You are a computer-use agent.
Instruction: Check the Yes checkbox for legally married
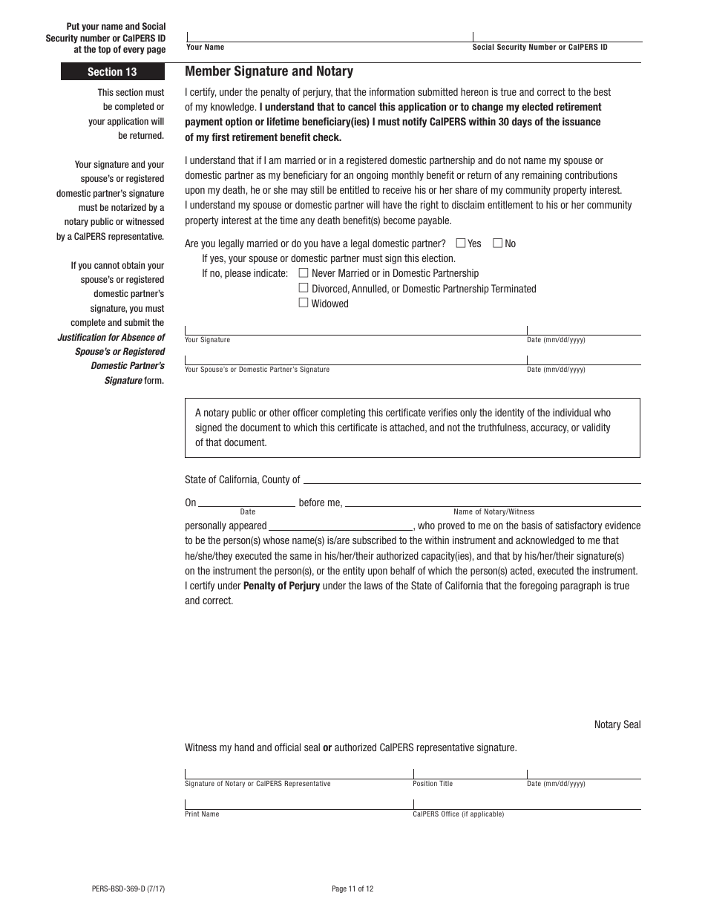click(x=461, y=243)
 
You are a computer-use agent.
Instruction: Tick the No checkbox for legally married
click(x=498, y=243)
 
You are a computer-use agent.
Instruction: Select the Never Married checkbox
click(x=303, y=273)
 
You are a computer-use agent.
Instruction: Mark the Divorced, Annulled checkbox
click(x=303, y=288)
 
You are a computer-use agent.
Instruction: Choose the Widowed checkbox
click(x=303, y=303)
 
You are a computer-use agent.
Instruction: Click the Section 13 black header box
click(x=113, y=72)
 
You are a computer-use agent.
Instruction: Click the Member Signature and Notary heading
click(x=269, y=71)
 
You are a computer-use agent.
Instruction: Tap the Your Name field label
click(x=205, y=48)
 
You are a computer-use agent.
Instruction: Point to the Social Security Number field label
click(x=540, y=48)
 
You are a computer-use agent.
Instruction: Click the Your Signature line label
click(x=207, y=340)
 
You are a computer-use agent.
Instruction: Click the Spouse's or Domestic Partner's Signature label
click(x=257, y=370)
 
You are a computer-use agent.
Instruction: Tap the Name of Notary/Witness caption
click(x=493, y=512)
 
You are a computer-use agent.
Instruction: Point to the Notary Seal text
click(x=617, y=724)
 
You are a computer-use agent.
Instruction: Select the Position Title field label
click(x=433, y=784)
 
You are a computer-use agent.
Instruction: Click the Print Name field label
click(x=202, y=814)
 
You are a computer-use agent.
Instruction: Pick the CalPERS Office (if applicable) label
click(x=458, y=814)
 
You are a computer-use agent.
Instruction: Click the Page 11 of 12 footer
click(x=352, y=889)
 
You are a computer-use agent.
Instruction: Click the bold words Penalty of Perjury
click(x=281, y=586)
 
